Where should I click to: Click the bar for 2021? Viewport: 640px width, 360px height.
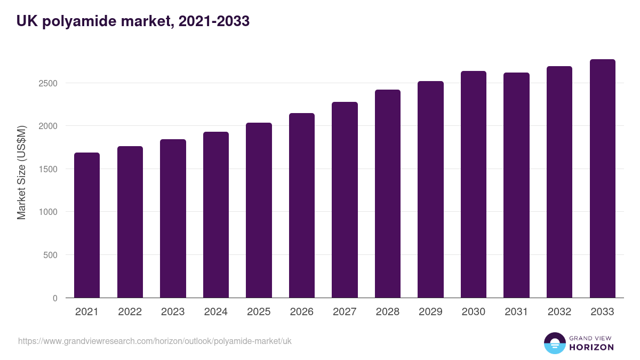point(87,225)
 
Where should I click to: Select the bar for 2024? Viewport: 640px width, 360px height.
point(216,214)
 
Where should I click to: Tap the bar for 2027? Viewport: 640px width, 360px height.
point(345,200)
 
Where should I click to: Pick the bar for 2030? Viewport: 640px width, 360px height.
point(474,185)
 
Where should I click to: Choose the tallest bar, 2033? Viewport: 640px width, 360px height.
point(602,179)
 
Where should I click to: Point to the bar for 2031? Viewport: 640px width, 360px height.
point(516,185)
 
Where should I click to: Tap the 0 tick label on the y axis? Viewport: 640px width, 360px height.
point(54,298)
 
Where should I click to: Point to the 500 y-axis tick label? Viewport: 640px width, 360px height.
point(50,255)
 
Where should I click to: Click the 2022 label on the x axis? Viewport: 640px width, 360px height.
point(130,312)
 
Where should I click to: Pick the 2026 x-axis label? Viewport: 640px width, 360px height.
point(302,312)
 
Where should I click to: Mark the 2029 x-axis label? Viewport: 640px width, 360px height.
point(430,312)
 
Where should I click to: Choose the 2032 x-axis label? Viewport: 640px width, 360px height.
point(559,312)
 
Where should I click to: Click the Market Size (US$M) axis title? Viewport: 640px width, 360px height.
point(21,172)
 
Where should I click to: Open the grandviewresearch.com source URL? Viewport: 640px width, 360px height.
point(155,341)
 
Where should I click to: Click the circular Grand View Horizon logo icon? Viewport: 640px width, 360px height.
point(555,343)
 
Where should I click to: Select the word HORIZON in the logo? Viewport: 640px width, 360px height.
point(591,347)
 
